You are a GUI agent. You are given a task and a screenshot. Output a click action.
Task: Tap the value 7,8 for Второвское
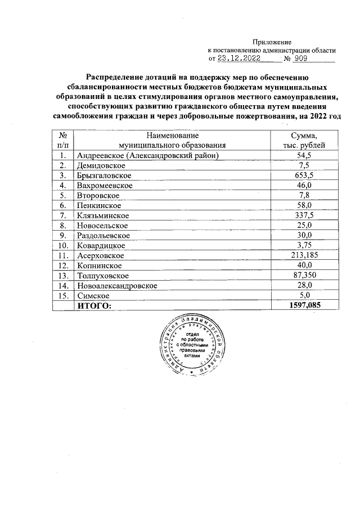coord(304,196)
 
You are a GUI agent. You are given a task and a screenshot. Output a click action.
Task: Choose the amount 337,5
coord(304,215)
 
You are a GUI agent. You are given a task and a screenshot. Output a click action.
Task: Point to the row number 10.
coord(64,245)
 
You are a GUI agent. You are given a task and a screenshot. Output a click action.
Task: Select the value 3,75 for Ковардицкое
coord(304,245)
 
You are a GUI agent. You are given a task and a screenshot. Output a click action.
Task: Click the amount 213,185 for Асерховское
coord(304,255)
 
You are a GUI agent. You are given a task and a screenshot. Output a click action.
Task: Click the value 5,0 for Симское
coord(304,295)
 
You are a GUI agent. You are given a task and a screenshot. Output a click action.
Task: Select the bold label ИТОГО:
coord(94,305)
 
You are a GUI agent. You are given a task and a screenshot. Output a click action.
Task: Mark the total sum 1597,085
coord(304,305)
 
